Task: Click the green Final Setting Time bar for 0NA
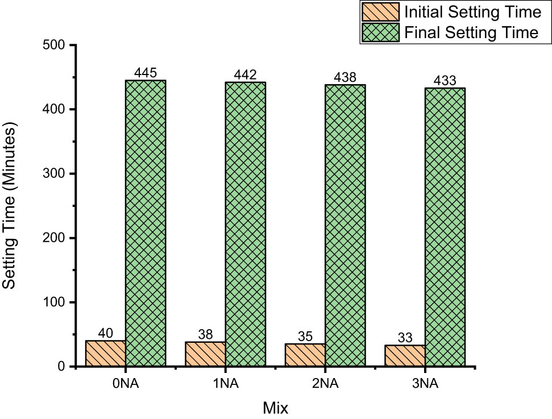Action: point(146,223)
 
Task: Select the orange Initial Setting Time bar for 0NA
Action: point(106,353)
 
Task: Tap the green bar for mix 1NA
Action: point(246,224)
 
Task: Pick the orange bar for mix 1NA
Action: point(205,354)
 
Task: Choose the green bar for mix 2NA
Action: point(345,225)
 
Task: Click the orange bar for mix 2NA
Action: point(305,355)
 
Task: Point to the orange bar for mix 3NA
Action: point(405,355)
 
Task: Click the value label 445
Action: point(146,73)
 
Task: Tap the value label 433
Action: point(445,81)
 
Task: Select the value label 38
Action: point(205,335)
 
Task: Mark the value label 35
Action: point(305,337)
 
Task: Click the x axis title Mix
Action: point(276,408)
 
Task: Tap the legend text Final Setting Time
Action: point(471,33)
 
